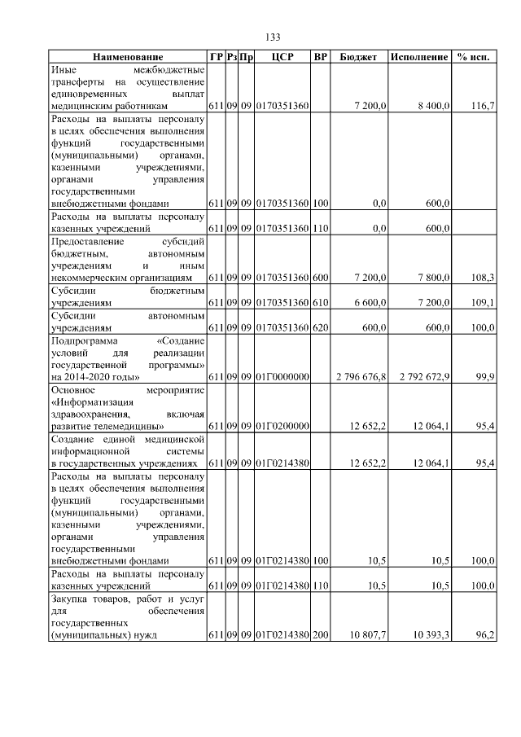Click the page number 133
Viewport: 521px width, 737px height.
click(x=273, y=37)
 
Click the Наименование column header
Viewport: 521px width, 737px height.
click(x=127, y=58)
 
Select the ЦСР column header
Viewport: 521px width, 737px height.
click(x=281, y=58)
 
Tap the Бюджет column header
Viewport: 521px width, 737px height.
click(x=357, y=58)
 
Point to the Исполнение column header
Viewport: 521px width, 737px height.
click(x=419, y=58)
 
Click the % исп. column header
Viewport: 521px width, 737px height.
click(x=475, y=58)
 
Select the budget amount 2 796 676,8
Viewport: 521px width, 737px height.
click(x=361, y=377)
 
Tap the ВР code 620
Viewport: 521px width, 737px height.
click(x=320, y=327)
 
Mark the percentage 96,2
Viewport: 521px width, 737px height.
click(x=485, y=634)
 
